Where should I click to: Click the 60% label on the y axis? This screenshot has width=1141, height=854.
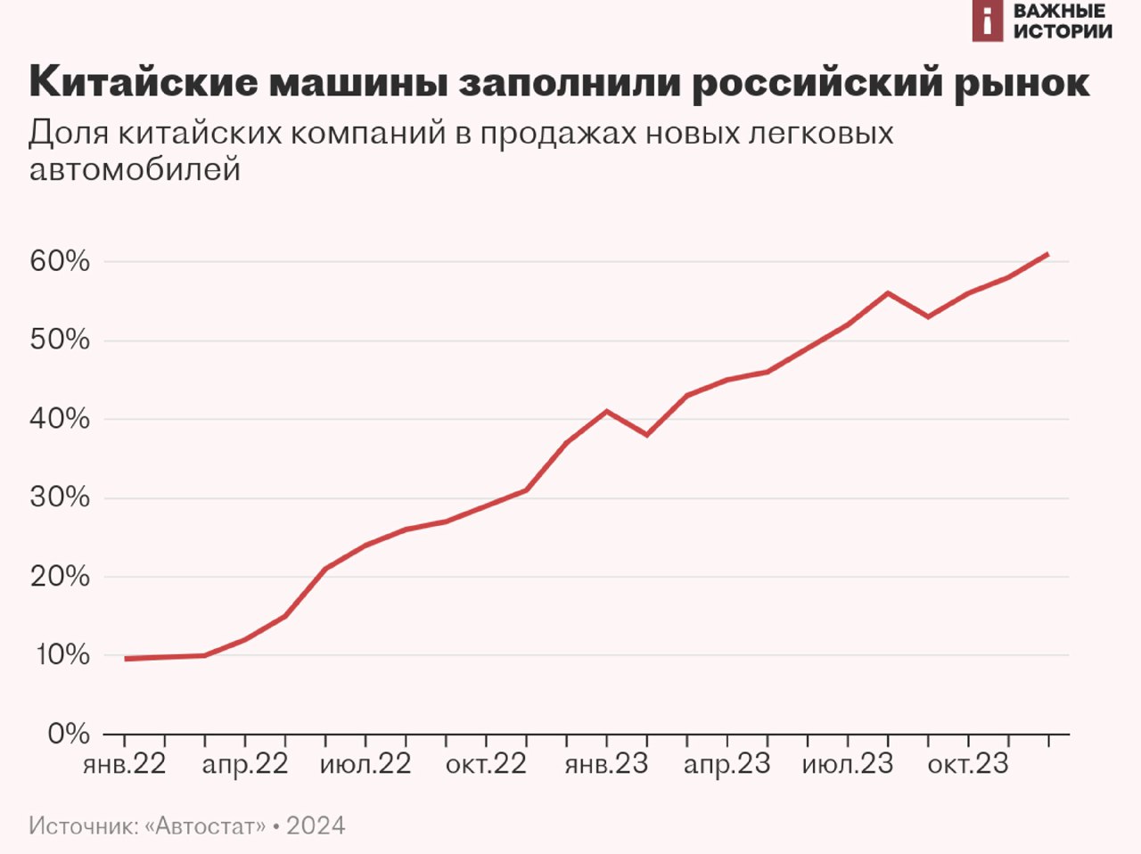(x=60, y=261)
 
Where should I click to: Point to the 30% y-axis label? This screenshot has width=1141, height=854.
(x=60, y=497)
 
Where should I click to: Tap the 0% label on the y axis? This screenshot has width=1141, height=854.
(x=68, y=734)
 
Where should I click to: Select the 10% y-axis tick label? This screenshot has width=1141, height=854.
(x=62, y=655)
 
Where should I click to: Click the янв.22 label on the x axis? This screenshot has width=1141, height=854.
(x=125, y=765)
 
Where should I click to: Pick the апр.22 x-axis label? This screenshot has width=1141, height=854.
(x=245, y=765)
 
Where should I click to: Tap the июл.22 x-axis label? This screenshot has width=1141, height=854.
(x=365, y=765)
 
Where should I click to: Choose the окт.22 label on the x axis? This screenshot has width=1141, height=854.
(x=486, y=765)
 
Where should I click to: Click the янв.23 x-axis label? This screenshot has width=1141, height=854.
(x=606, y=765)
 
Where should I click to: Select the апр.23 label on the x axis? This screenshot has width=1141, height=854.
(x=727, y=765)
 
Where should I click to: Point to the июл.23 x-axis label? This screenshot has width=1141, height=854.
(x=848, y=765)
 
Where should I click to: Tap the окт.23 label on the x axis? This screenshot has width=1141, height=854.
(x=968, y=765)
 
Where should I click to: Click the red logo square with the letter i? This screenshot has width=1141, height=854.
(x=987, y=21)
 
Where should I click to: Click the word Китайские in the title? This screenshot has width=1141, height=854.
(x=143, y=82)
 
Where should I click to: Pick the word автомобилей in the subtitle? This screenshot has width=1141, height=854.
(x=135, y=168)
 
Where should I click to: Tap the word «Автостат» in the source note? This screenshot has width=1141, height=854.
(x=205, y=826)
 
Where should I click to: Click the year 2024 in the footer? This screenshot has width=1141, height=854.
(x=316, y=826)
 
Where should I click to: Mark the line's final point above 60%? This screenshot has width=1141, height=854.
(x=1047, y=254)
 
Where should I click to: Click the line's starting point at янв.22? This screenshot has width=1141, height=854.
(x=126, y=659)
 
